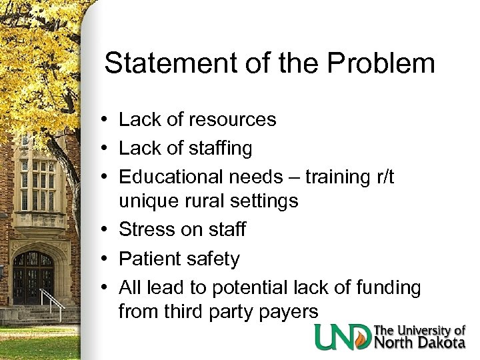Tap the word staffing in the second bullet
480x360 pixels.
coord(219,148)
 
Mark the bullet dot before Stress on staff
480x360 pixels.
coord(107,230)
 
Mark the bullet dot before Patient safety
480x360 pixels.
coord(107,259)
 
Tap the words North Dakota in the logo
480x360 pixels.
coord(420,343)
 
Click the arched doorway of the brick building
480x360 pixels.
coord(33,276)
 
